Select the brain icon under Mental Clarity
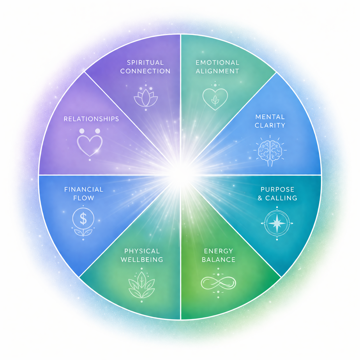pos(270,150)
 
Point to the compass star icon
pos(277,223)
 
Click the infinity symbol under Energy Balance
pos(218,282)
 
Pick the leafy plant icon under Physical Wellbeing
pos(142,284)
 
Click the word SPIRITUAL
pos(145,63)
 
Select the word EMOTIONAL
pos(217,63)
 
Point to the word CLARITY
pos(270,125)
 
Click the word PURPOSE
pos(277,189)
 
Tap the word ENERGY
pos(218,251)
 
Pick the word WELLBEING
pos(142,260)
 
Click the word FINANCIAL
pos(84,189)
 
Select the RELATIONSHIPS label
pos(91,119)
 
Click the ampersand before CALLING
pos(260,198)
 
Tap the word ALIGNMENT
pos(217,71)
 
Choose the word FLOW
pos(84,198)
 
